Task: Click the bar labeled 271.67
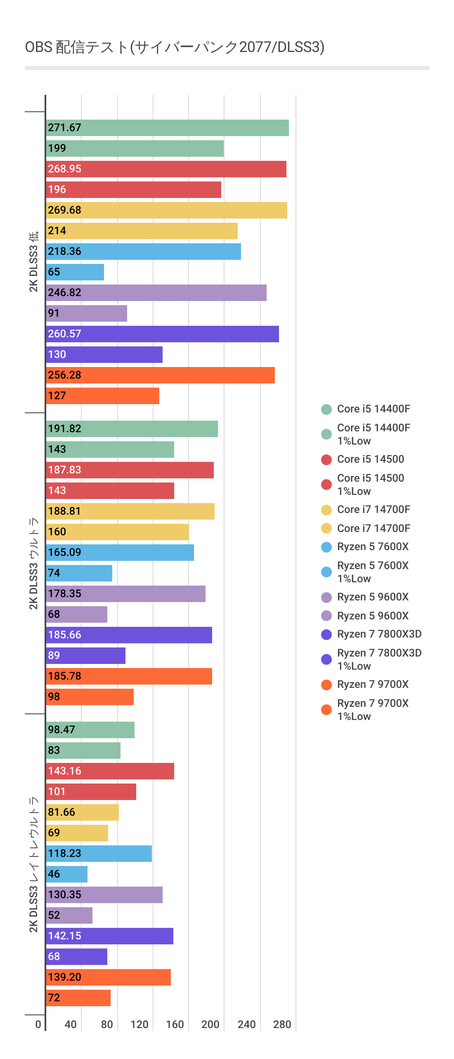(x=167, y=128)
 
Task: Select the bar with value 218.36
(x=143, y=252)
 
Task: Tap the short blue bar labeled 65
(x=75, y=272)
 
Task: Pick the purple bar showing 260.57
(x=162, y=334)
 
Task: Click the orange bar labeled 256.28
(x=160, y=375)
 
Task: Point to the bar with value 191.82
(x=132, y=429)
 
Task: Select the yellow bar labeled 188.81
(x=130, y=511)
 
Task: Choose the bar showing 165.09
(x=120, y=553)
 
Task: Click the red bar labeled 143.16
(x=110, y=771)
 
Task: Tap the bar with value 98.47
(x=90, y=730)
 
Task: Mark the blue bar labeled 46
(x=66, y=874)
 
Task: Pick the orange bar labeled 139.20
(x=108, y=977)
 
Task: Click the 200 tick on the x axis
(x=210, y=1024)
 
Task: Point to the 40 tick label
(x=71, y=1024)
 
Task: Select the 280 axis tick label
(x=282, y=1024)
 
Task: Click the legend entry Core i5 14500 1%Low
(x=370, y=485)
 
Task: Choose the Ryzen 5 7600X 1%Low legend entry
(x=372, y=572)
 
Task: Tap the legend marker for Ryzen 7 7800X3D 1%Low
(x=326, y=659)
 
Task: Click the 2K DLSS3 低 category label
(x=33, y=262)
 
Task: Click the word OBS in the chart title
(x=38, y=47)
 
